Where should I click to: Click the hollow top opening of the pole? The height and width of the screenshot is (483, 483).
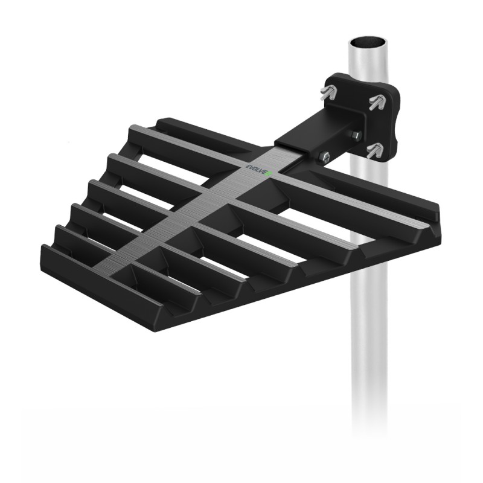coord(368,43)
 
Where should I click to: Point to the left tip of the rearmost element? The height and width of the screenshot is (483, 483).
coord(160,124)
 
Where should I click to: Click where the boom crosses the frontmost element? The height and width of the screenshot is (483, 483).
coord(121,272)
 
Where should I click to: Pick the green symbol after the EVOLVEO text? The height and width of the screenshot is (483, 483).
coord(271,174)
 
